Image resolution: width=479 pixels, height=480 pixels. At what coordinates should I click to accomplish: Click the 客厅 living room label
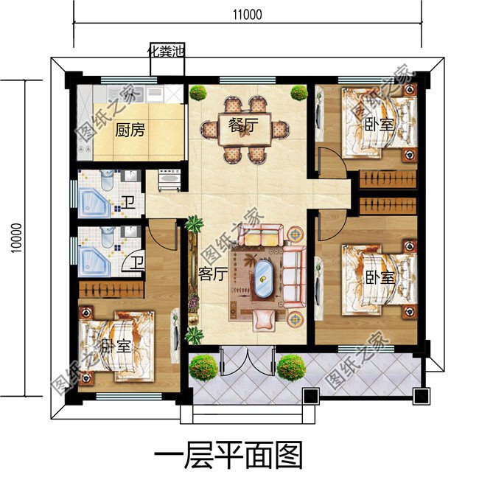tap(211, 274)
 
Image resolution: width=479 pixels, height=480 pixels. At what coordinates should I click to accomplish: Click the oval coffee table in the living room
tap(262, 278)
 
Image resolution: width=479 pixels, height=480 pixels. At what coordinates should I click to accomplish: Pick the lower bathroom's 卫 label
tap(137, 261)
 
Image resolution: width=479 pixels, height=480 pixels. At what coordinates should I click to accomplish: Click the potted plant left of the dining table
tap(197, 93)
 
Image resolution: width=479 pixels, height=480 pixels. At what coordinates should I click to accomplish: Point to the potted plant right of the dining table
tap(298, 93)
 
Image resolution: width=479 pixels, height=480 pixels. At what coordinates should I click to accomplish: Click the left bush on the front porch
tap(204, 366)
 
